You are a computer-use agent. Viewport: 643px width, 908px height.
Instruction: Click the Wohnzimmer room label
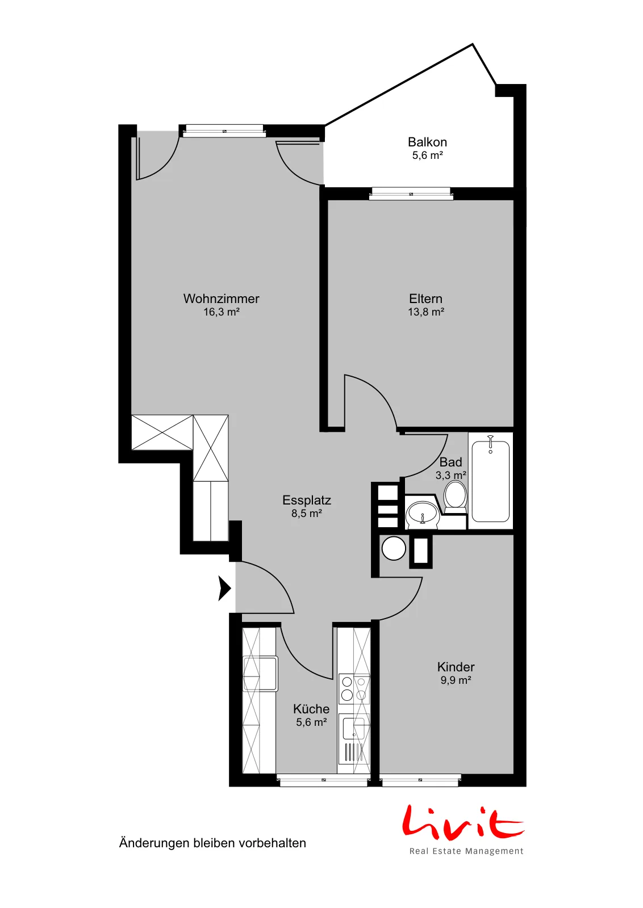(x=221, y=299)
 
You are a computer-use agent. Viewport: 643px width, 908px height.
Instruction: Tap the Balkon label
(x=427, y=142)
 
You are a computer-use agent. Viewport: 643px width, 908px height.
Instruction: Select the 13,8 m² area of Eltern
(x=426, y=312)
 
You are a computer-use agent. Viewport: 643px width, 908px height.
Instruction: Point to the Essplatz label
(x=307, y=500)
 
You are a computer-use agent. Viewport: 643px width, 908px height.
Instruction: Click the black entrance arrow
(x=224, y=588)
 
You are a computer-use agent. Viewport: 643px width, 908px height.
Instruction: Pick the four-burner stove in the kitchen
(x=354, y=688)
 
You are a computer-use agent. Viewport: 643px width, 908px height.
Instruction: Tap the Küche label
(x=311, y=709)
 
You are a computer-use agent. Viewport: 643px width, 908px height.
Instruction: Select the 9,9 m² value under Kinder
(x=456, y=680)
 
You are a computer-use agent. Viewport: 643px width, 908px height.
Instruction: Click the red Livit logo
(x=463, y=821)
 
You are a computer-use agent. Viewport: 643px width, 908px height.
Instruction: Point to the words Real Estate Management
(x=466, y=851)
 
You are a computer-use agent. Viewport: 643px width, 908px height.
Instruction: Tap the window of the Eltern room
(x=411, y=194)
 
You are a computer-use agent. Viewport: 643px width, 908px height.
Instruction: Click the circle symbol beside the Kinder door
(x=394, y=548)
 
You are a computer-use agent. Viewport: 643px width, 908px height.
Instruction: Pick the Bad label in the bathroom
(x=450, y=462)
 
